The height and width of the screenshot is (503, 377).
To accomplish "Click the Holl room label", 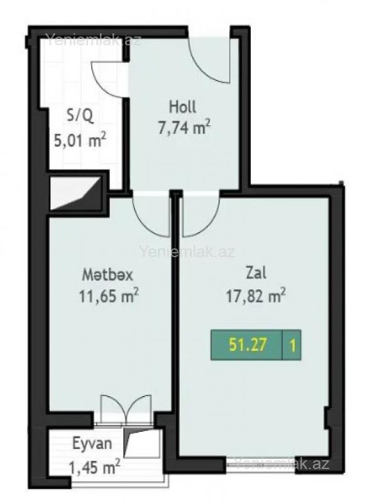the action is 182,107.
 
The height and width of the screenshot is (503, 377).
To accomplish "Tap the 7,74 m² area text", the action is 184,128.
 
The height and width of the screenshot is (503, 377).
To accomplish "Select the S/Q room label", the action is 80,116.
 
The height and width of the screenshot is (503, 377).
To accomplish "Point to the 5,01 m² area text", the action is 80,140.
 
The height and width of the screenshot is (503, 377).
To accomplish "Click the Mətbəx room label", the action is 107,275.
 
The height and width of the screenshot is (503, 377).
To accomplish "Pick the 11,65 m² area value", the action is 109,296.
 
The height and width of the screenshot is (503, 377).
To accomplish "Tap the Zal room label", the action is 256,273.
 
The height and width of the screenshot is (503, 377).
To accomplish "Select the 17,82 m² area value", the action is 256,296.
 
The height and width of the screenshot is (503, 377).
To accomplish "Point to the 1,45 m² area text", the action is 95,467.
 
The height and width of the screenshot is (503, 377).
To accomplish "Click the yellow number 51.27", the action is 248,345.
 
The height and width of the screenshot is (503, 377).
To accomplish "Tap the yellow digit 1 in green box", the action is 292,346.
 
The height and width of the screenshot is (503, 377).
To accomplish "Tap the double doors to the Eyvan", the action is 126,410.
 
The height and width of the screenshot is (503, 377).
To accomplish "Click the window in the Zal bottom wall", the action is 261,464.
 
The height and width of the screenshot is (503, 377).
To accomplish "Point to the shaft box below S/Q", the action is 75,193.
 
